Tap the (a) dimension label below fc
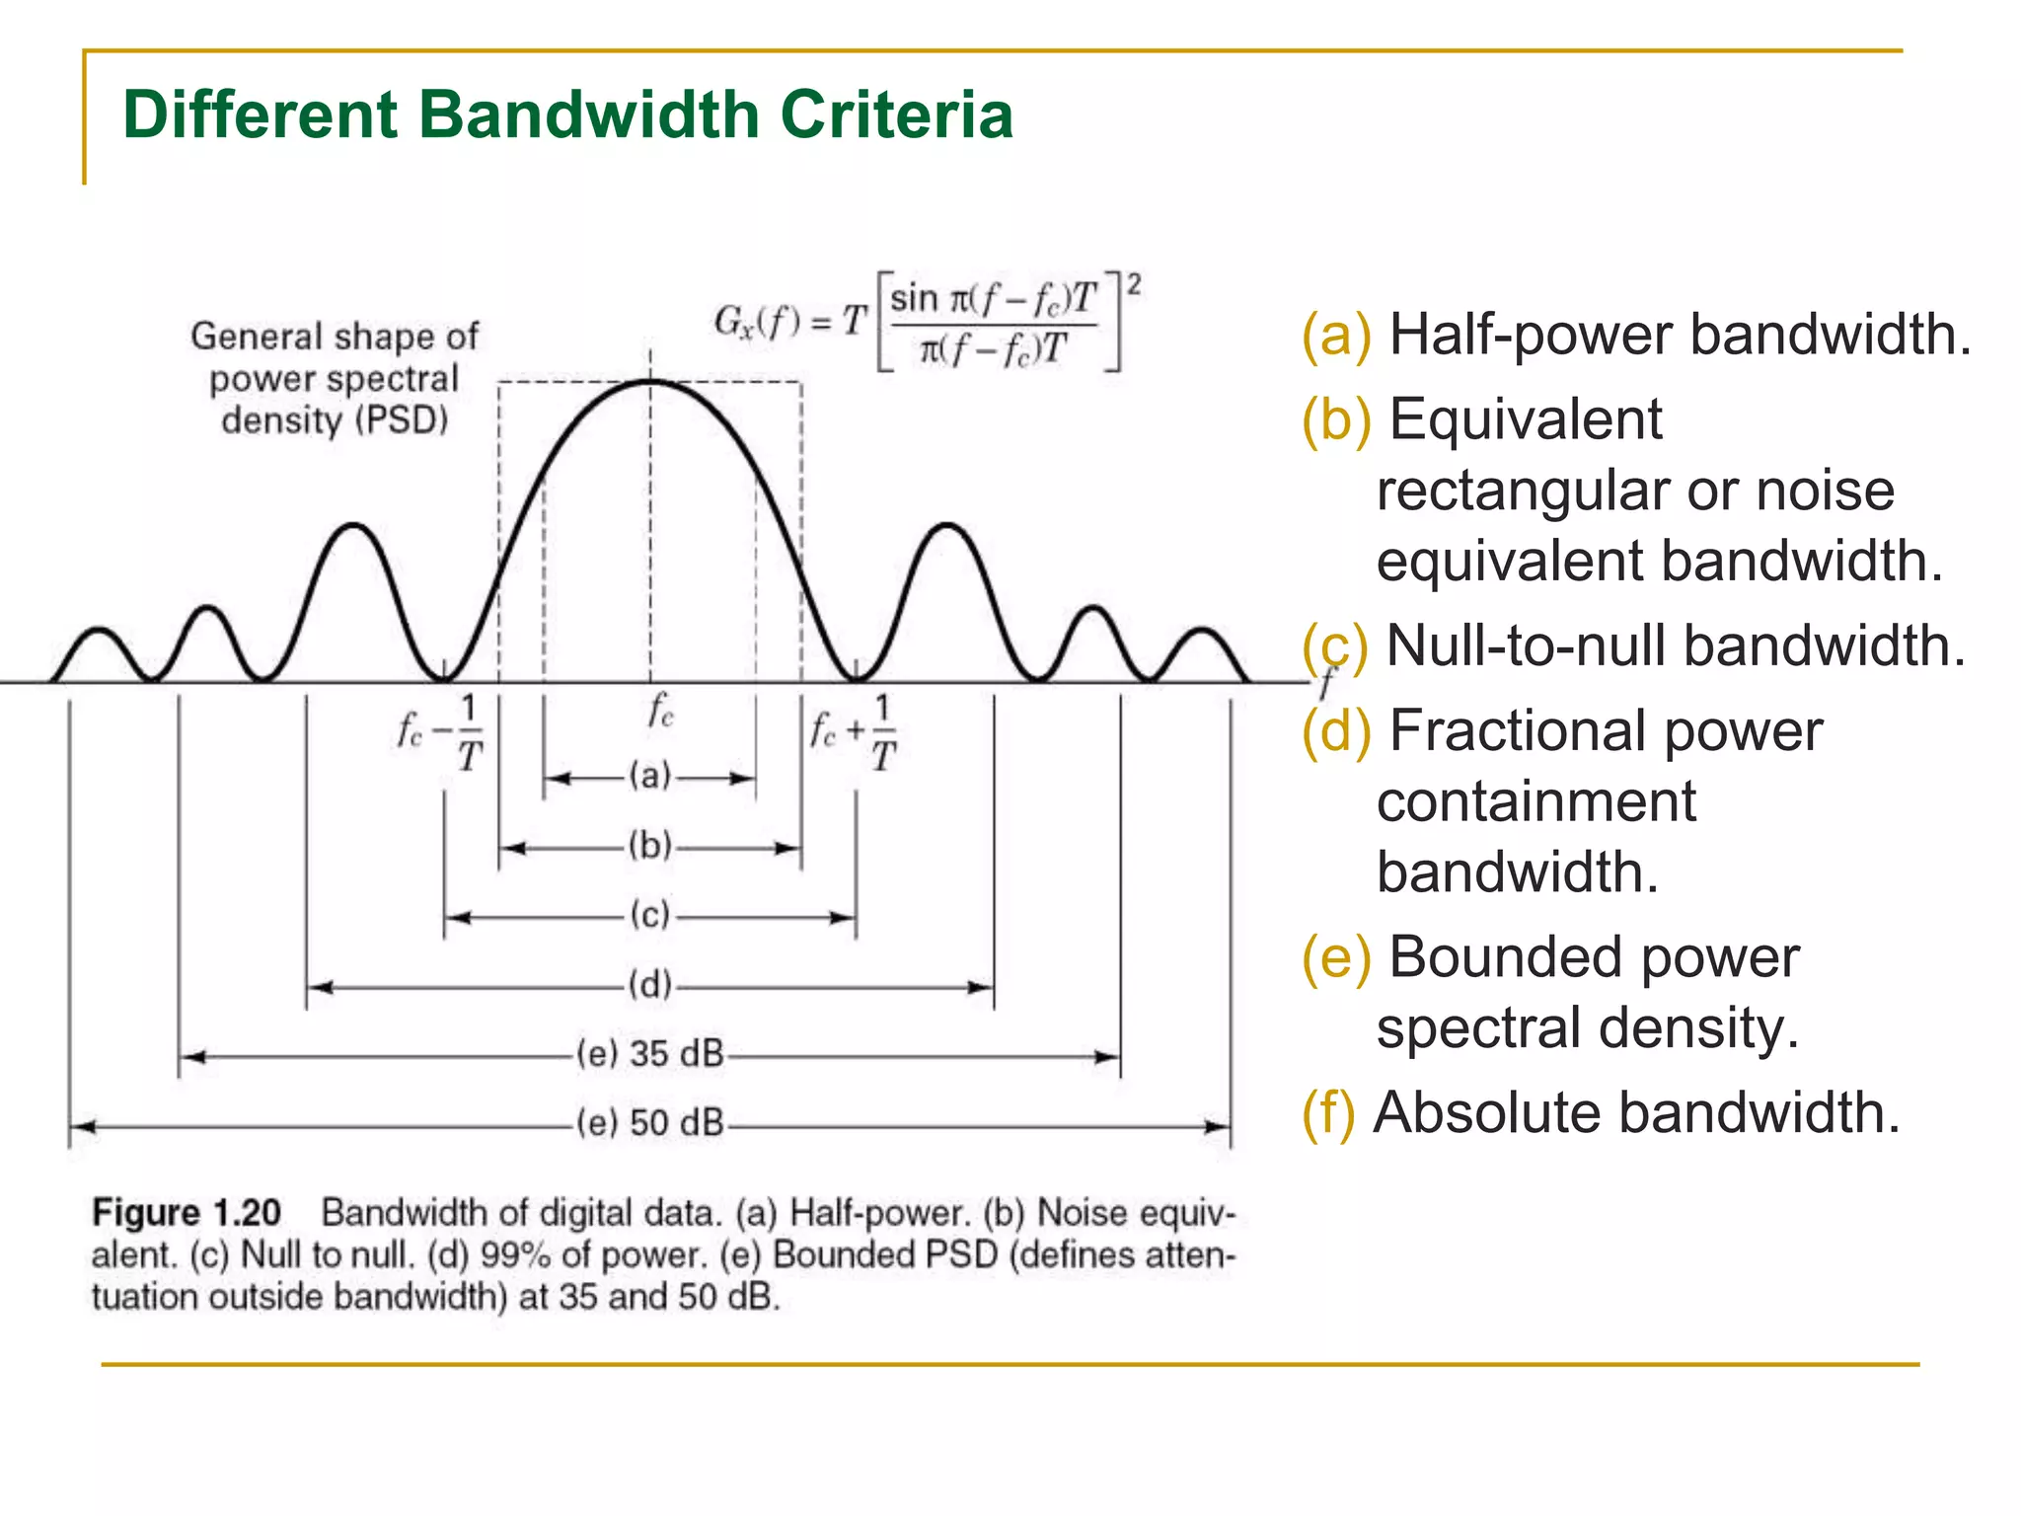click(x=650, y=776)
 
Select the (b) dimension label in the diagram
click(x=650, y=846)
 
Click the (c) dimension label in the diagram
click(x=650, y=915)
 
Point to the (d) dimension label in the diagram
click(x=650, y=985)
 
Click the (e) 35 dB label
click(x=650, y=1054)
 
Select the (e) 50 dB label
click(x=650, y=1123)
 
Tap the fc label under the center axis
click(x=660, y=711)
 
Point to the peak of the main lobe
click(x=650, y=381)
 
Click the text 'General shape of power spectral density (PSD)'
click(x=335, y=378)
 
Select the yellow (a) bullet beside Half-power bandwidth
click(x=1336, y=335)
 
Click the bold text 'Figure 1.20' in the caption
click(x=187, y=1213)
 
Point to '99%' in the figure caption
click(x=515, y=1255)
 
